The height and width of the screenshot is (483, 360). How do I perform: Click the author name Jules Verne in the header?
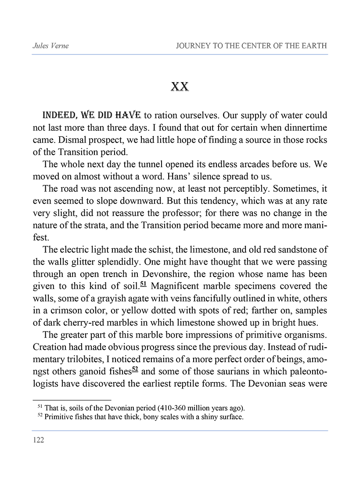click(49, 46)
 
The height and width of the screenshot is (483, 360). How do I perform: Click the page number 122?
click(39, 440)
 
